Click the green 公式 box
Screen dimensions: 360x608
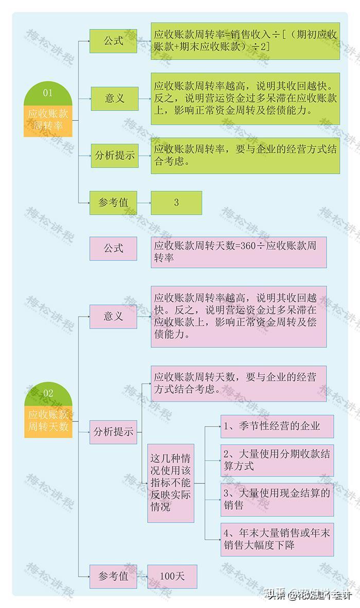point(113,41)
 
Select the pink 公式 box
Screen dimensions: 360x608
point(113,248)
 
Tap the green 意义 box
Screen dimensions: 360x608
point(114,99)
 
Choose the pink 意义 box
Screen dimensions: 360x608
point(113,316)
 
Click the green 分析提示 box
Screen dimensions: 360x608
point(114,156)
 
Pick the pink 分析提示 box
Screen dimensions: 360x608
point(113,432)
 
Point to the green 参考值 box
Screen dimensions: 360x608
point(113,202)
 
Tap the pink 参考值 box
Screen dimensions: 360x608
point(113,576)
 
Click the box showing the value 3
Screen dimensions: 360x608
point(176,202)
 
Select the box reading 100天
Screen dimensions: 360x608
point(172,576)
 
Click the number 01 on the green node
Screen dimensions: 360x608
point(48,93)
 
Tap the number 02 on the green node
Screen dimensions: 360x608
point(48,393)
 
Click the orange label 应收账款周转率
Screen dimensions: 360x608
point(48,120)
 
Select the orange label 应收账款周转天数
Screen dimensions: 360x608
point(48,420)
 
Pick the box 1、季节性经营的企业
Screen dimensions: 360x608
point(277,426)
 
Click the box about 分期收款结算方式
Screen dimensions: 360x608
point(277,460)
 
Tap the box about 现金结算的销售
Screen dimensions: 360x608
point(277,499)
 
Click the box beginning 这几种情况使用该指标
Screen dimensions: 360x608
point(171,483)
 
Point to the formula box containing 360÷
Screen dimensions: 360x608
point(239,252)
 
